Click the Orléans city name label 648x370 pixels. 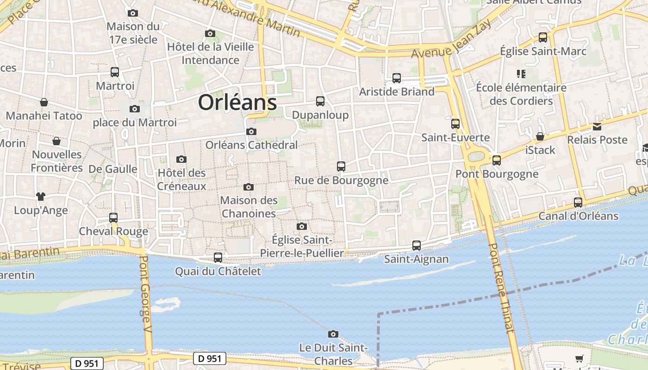(237, 102)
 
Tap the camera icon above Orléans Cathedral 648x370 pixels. (251, 132)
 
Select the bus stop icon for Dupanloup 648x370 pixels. (320, 101)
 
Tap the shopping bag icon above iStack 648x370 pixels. (540, 136)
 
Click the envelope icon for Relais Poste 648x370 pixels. (597, 127)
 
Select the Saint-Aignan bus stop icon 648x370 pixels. (417, 246)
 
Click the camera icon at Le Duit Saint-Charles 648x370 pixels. (333, 334)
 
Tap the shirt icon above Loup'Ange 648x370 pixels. (41, 197)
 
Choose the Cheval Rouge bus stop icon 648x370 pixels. (113, 218)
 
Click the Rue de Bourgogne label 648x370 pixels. (342, 180)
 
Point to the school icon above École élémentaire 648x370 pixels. (521, 74)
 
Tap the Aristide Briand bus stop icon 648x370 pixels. (397, 78)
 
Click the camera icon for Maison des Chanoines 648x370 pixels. (249, 187)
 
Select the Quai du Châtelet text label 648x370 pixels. (218, 271)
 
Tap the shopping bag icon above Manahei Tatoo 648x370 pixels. (44, 102)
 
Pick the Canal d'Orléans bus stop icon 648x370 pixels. (578, 203)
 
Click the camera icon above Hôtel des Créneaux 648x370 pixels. (181, 160)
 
